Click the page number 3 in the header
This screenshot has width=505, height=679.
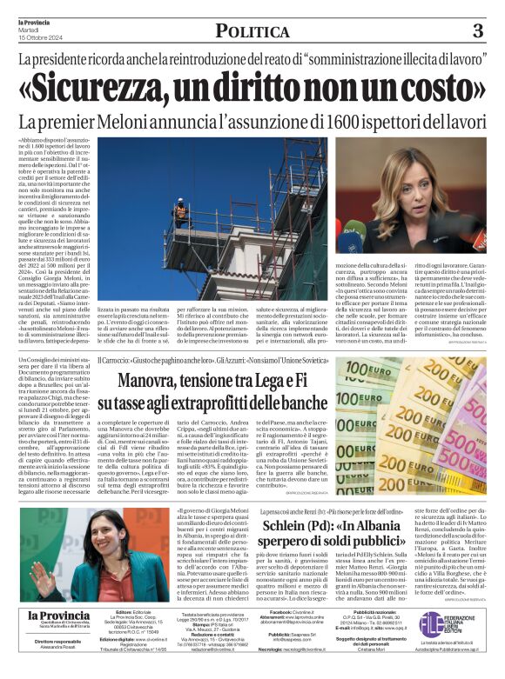pos(477,31)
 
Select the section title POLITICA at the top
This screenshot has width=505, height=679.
pos(252,32)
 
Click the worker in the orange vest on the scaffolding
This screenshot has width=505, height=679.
pos(181,211)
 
